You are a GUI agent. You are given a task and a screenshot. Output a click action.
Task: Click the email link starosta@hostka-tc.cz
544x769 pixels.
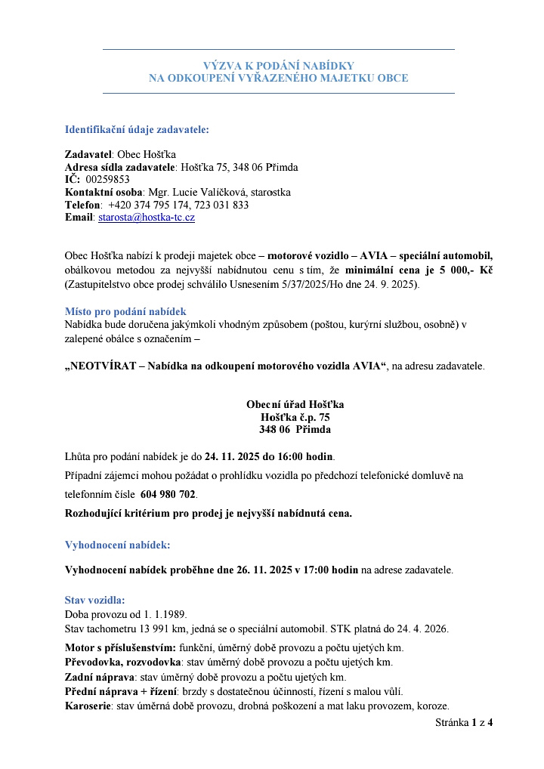(x=147, y=218)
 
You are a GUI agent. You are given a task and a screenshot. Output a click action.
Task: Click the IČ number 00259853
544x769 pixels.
(x=108, y=180)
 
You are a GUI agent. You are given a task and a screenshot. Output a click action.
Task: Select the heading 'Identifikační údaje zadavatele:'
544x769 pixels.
(x=137, y=129)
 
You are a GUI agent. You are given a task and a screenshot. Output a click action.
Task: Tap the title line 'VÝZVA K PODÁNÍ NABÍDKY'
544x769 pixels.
(x=278, y=66)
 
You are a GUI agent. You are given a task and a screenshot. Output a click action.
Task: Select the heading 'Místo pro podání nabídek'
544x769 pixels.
(x=125, y=311)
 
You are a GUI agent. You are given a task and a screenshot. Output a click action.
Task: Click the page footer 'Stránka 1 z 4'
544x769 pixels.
(x=464, y=723)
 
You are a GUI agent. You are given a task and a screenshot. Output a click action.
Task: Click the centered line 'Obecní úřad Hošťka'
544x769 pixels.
(x=295, y=404)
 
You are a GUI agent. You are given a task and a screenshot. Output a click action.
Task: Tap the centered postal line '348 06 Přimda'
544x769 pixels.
(x=295, y=429)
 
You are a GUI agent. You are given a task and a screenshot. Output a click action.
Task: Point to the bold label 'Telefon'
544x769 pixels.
(x=83, y=205)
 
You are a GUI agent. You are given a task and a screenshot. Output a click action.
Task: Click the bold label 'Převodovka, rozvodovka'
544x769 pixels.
(x=123, y=662)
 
